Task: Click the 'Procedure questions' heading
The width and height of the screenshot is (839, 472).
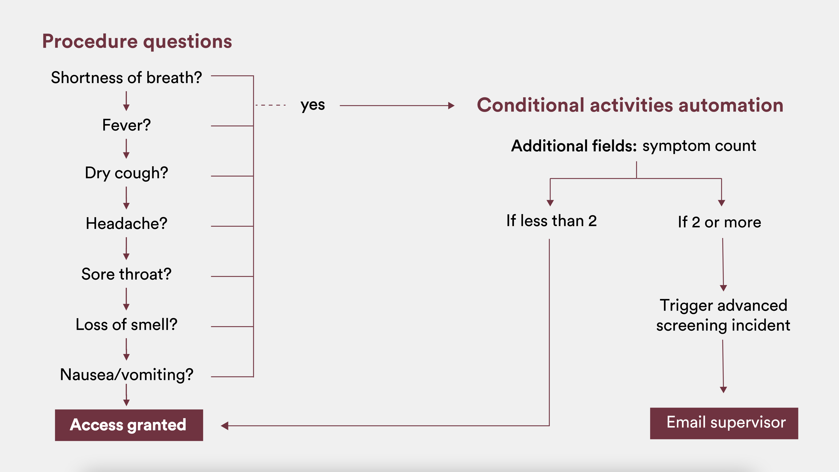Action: (x=137, y=41)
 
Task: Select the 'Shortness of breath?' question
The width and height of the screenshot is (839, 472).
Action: (x=126, y=78)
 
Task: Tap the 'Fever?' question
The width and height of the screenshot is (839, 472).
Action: (x=126, y=125)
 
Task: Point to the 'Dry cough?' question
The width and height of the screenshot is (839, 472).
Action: (x=126, y=173)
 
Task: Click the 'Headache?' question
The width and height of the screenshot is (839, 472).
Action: (x=126, y=223)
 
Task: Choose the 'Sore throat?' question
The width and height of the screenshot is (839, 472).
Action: (x=126, y=274)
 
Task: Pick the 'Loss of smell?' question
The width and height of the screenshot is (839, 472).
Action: (x=126, y=324)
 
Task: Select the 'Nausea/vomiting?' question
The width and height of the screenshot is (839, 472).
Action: (x=126, y=375)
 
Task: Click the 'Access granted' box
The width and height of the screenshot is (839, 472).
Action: (x=129, y=425)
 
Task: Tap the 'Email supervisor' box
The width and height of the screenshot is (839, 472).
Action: (x=724, y=423)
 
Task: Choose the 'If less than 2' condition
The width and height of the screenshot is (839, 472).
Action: (x=551, y=221)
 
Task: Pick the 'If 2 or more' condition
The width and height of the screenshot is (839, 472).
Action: (x=720, y=222)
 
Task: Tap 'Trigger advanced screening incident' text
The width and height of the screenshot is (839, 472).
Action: (x=723, y=315)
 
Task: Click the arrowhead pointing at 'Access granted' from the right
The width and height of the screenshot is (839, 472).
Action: (x=225, y=426)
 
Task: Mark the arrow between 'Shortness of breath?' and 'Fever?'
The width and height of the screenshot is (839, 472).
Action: (x=126, y=101)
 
